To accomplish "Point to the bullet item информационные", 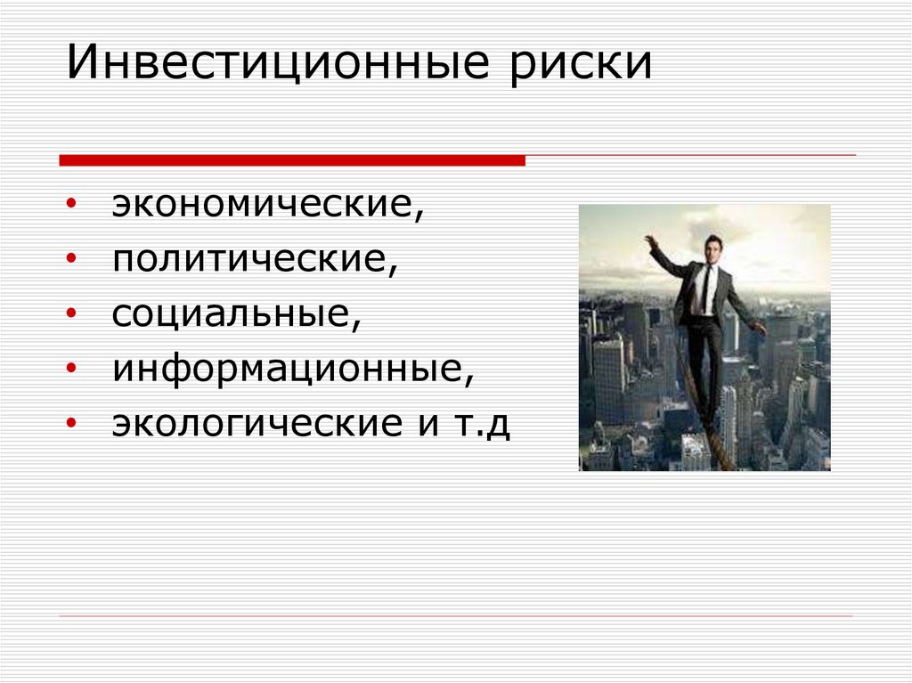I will tap(292, 367).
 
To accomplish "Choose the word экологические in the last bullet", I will tap(262, 423).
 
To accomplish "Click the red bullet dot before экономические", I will tap(70, 207).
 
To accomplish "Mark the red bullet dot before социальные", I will tap(70, 314).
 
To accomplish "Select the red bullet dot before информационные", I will tap(70, 368).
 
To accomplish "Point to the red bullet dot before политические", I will tap(70, 261).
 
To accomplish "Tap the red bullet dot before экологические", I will tap(70, 424).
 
